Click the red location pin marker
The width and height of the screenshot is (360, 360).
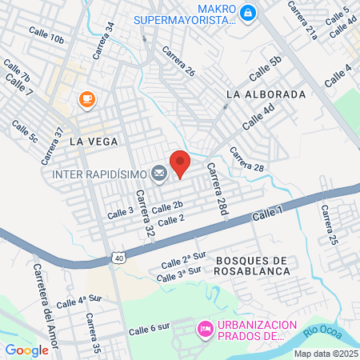click(180, 162)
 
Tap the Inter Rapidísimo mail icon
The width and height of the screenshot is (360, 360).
click(158, 173)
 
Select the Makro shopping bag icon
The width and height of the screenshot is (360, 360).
click(248, 12)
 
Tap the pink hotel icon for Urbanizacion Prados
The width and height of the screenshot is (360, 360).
click(205, 328)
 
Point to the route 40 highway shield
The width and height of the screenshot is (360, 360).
click(118, 258)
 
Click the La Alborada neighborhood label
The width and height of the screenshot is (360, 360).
click(266, 94)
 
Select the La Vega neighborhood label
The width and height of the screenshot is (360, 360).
click(94, 141)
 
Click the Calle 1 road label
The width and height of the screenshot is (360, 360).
click(267, 214)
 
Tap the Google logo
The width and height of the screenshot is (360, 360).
click(26, 350)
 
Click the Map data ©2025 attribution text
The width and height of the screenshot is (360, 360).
click(325, 354)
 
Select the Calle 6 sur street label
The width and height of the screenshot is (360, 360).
click(150, 327)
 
